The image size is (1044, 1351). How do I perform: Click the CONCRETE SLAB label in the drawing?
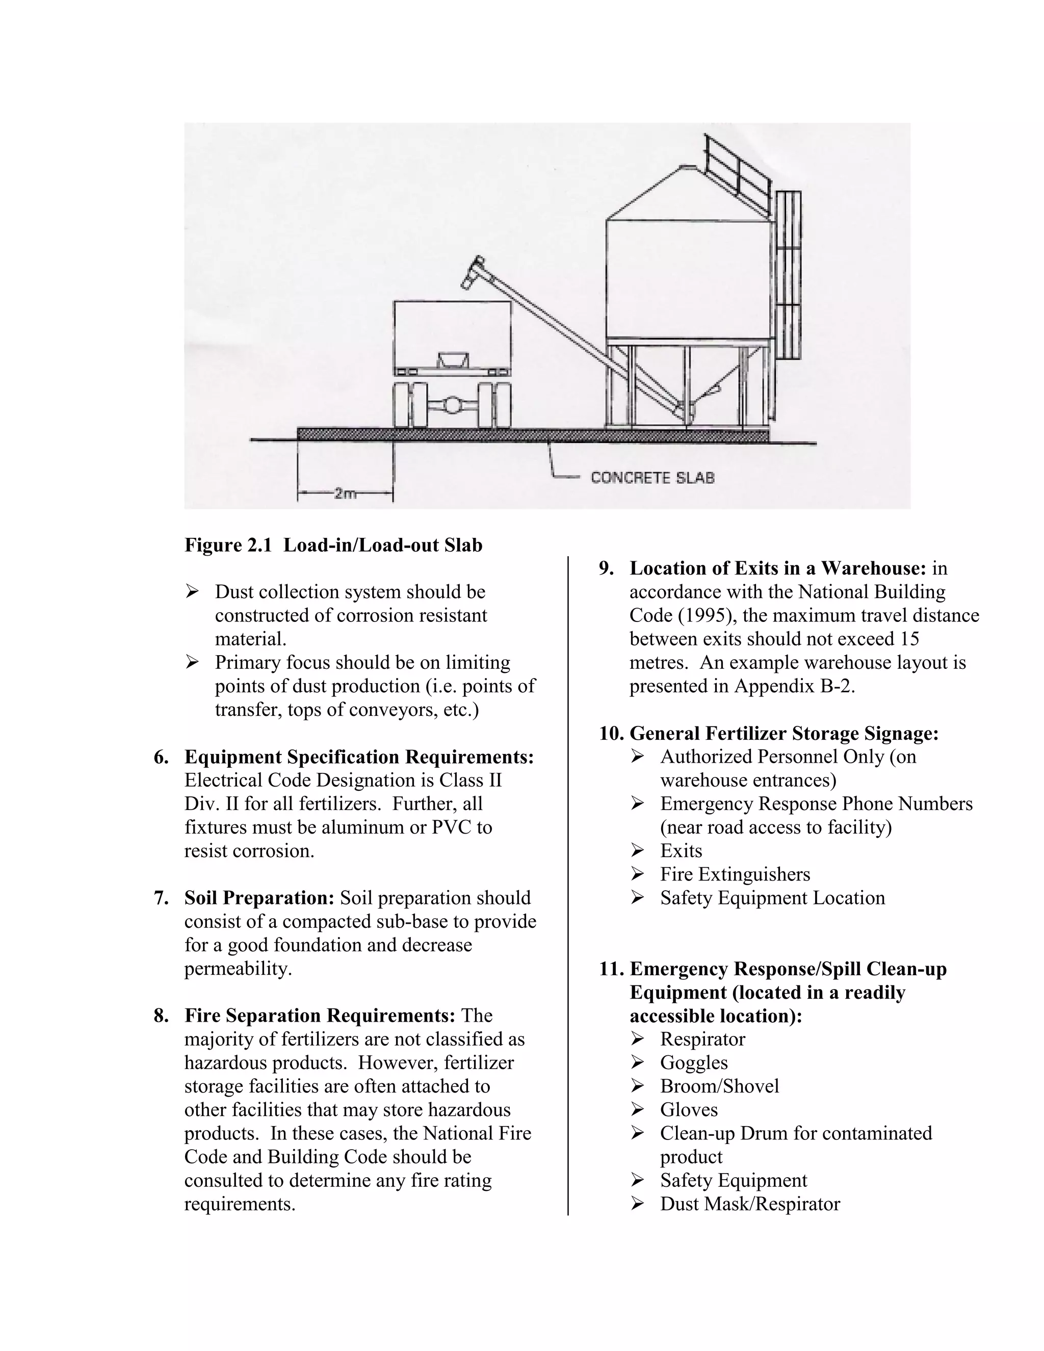pyautogui.click(x=652, y=478)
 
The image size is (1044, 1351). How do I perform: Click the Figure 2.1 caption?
pyautogui.click(x=333, y=545)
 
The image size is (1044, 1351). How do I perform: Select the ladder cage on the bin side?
pyautogui.click(x=788, y=275)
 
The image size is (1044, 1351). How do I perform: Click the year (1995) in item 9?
pyautogui.click(x=707, y=615)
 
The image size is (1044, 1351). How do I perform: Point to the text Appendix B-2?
pyautogui.click(x=794, y=686)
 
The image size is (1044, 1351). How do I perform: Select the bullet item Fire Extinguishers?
pyautogui.click(x=735, y=874)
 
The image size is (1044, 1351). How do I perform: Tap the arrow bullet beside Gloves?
pyautogui.click(x=638, y=1110)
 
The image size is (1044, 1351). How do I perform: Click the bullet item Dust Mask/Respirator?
pyautogui.click(x=749, y=1204)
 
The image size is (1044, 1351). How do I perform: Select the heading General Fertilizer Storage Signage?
pyautogui.click(x=784, y=733)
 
